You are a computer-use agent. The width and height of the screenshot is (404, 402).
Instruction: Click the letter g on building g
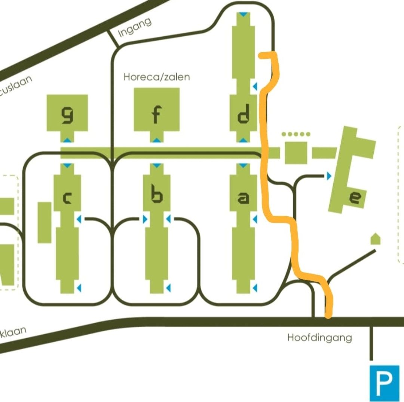pyautogui.click(x=67, y=115)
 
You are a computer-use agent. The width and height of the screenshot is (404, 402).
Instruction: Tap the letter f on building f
pyautogui.click(x=156, y=115)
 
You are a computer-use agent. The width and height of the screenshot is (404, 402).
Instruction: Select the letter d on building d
pyautogui.click(x=243, y=115)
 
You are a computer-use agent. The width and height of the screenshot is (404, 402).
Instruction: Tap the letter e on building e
pyautogui.click(x=356, y=197)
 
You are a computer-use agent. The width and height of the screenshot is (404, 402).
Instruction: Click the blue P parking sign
pyautogui.click(x=384, y=383)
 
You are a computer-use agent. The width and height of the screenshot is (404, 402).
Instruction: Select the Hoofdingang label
pyautogui.click(x=319, y=338)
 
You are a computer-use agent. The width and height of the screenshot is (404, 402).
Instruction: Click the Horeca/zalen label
pyautogui.click(x=157, y=77)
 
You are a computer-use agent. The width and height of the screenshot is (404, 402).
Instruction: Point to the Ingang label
pyautogui.click(x=135, y=28)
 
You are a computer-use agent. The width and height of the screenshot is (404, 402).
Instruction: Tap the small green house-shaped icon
pyautogui.click(x=375, y=239)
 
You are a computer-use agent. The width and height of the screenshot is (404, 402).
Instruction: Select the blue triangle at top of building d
pyautogui.click(x=244, y=14)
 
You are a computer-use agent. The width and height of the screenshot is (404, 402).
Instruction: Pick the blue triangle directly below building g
pyautogui.click(x=67, y=140)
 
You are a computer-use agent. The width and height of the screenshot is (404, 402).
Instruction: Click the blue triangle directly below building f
pyautogui.click(x=157, y=140)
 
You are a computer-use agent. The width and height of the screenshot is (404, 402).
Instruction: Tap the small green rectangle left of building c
pyautogui.click(x=45, y=222)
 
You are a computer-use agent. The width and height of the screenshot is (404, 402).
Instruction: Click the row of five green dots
pyautogui.click(x=296, y=134)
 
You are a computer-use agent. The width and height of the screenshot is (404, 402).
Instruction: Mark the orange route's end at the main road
pyautogui.click(x=328, y=316)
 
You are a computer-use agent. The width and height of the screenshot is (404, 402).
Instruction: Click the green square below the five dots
pyautogui.click(x=296, y=153)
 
